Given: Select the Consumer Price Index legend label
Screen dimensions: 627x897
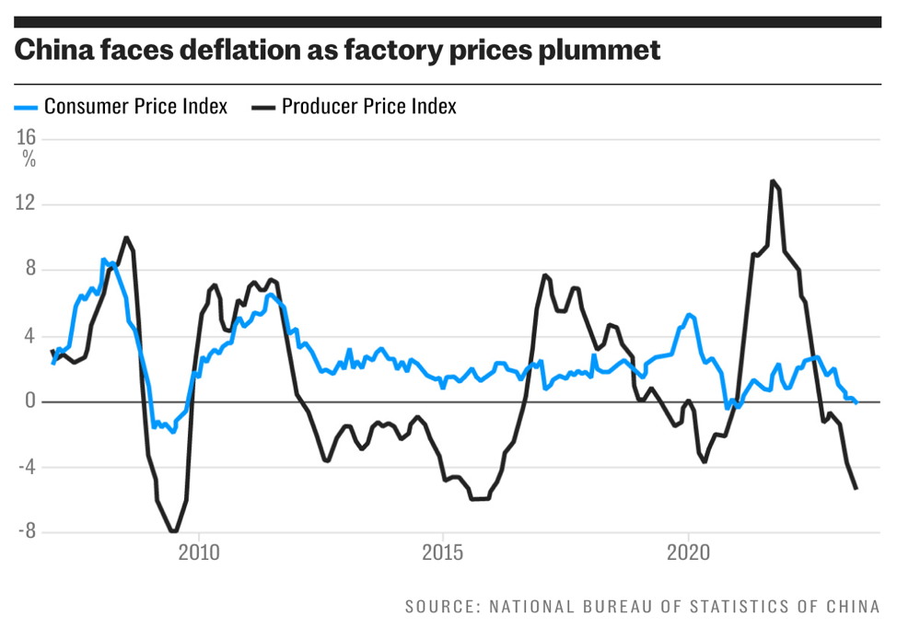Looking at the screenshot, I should click(x=135, y=106).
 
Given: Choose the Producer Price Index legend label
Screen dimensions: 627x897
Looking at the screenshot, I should click(x=368, y=106).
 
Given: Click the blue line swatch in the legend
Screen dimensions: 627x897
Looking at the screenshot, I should click(x=26, y=107).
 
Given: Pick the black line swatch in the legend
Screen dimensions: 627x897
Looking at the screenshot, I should click(x=263, y=107).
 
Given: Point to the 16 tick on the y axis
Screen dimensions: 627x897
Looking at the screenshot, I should click(x=26, y=138).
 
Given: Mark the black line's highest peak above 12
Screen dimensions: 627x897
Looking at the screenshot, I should click(x=773, y=181).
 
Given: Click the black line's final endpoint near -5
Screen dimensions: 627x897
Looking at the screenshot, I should click(x=856, y=488).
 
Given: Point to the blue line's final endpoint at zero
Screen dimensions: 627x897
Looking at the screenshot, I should click(x=856, y=401).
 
